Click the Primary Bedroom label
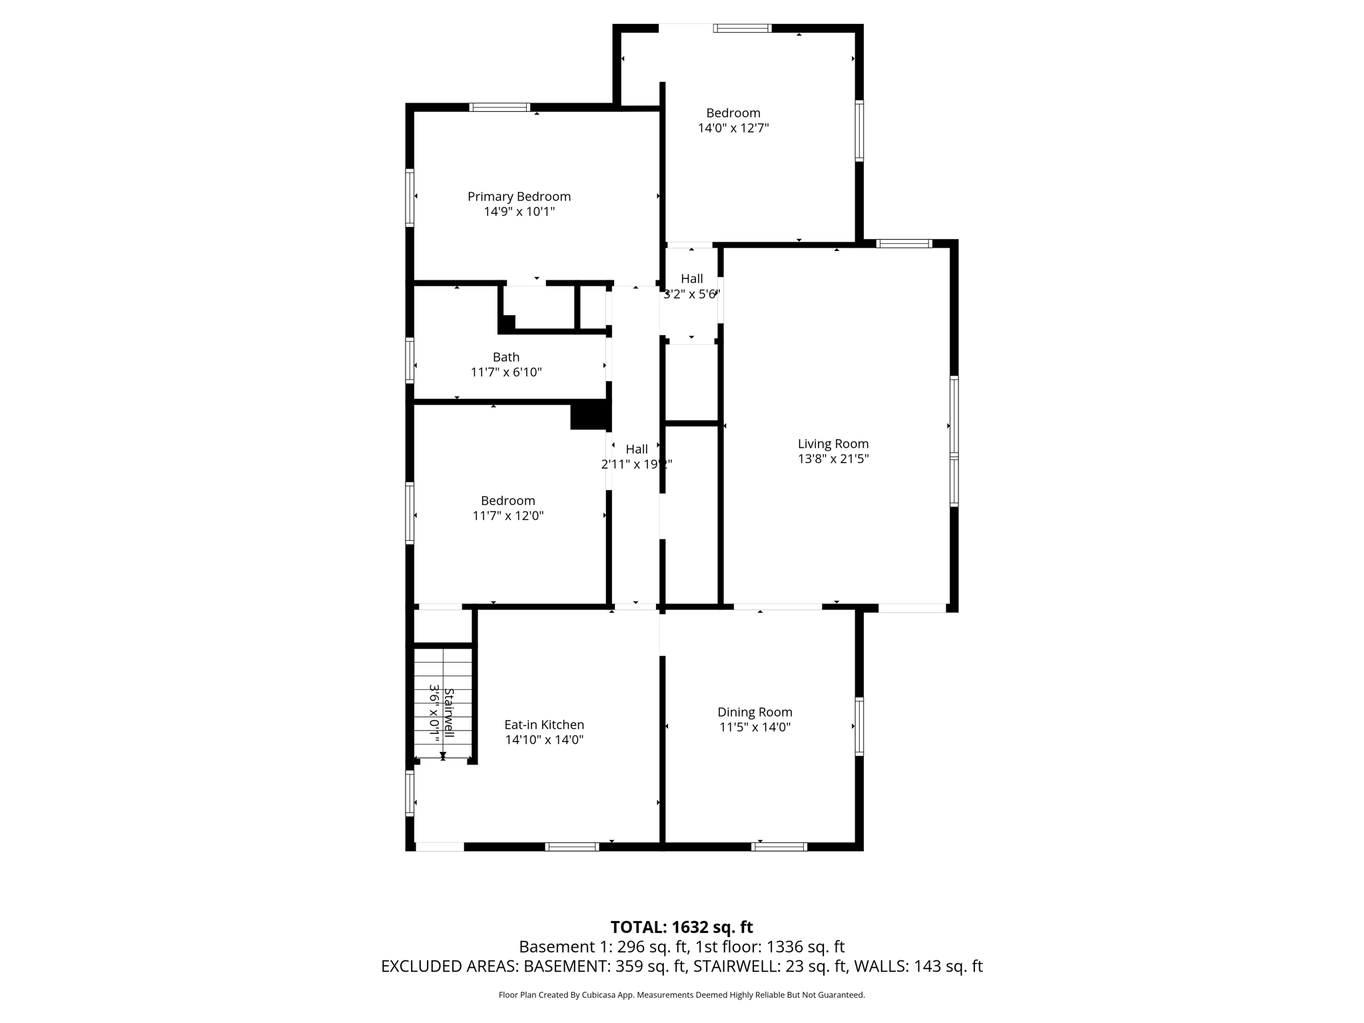tap(519, 196)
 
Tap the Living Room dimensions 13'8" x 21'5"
tap(833, 459)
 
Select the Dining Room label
tap(755, 713)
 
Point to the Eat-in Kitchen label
tap(544, 725)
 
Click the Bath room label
tap(506, 357)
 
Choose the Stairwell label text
tap(449, 713)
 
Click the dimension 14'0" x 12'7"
tap(733, 128)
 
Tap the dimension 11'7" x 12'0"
tap(508, 515)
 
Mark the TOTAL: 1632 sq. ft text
tap(681, 927)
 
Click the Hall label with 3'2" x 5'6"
tap(692, 278)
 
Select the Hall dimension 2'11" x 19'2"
tap(637, 464)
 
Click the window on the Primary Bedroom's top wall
tap(500, 107)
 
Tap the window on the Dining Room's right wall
tap(859, 726)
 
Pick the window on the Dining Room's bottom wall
tap(779, 847)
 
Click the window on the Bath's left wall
tap(410, 360)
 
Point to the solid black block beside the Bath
tap(590, 415)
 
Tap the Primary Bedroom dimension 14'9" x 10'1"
tap(519, 212)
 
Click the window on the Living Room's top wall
tap(904, 244)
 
